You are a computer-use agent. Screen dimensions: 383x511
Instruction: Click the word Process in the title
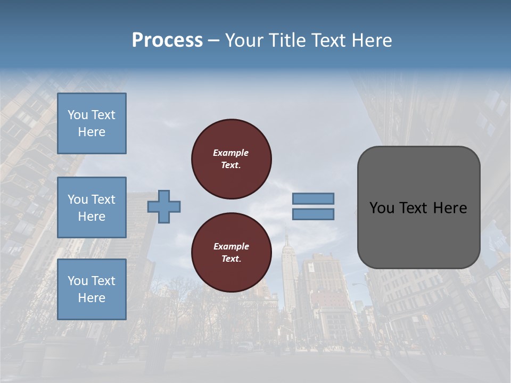(167, 40)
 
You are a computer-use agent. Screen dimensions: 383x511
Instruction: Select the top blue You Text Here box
(92, 123)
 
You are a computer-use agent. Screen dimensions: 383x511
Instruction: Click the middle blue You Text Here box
(92, 207)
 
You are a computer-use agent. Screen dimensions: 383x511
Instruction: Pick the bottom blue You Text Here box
(92, 289)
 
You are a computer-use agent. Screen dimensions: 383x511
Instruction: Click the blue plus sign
(164, 207)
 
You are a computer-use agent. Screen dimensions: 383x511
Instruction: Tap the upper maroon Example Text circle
(232, 159)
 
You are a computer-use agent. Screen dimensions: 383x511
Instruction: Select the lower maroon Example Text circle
(232, 253)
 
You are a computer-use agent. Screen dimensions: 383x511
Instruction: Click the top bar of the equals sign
(313, 199)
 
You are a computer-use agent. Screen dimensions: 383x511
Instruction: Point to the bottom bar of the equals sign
(313, 214)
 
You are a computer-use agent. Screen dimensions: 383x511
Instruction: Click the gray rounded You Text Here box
(418, 207)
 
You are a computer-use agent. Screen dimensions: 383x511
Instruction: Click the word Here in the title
(372, 40)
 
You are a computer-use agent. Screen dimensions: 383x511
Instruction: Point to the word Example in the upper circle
(231, 153)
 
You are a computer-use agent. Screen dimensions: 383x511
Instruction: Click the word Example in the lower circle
(231, 246)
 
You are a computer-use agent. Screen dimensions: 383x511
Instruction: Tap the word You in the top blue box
(78, 115)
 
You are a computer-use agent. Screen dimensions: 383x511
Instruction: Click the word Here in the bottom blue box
(92, 298)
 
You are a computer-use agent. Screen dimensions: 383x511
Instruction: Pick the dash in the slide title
(214, 40)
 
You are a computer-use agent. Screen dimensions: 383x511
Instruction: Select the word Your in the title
(245, 40)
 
